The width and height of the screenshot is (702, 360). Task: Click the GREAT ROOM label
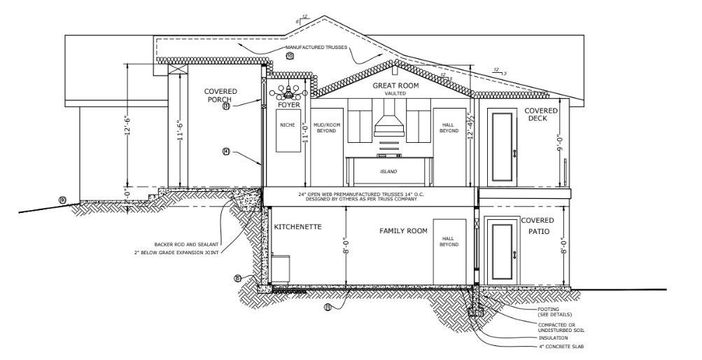[395, 85]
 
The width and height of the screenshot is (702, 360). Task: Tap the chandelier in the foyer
[288, 92]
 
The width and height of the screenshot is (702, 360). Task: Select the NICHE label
[288, 125]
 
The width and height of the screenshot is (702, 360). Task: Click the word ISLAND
[388, 172]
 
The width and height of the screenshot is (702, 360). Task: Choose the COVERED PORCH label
[221, 95]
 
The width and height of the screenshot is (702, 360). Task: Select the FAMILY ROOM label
[404, 230]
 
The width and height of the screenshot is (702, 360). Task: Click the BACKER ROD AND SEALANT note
[182, 245]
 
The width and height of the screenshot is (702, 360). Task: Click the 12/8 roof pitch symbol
[302, 18]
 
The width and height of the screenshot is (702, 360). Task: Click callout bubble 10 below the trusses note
[290, 55]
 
